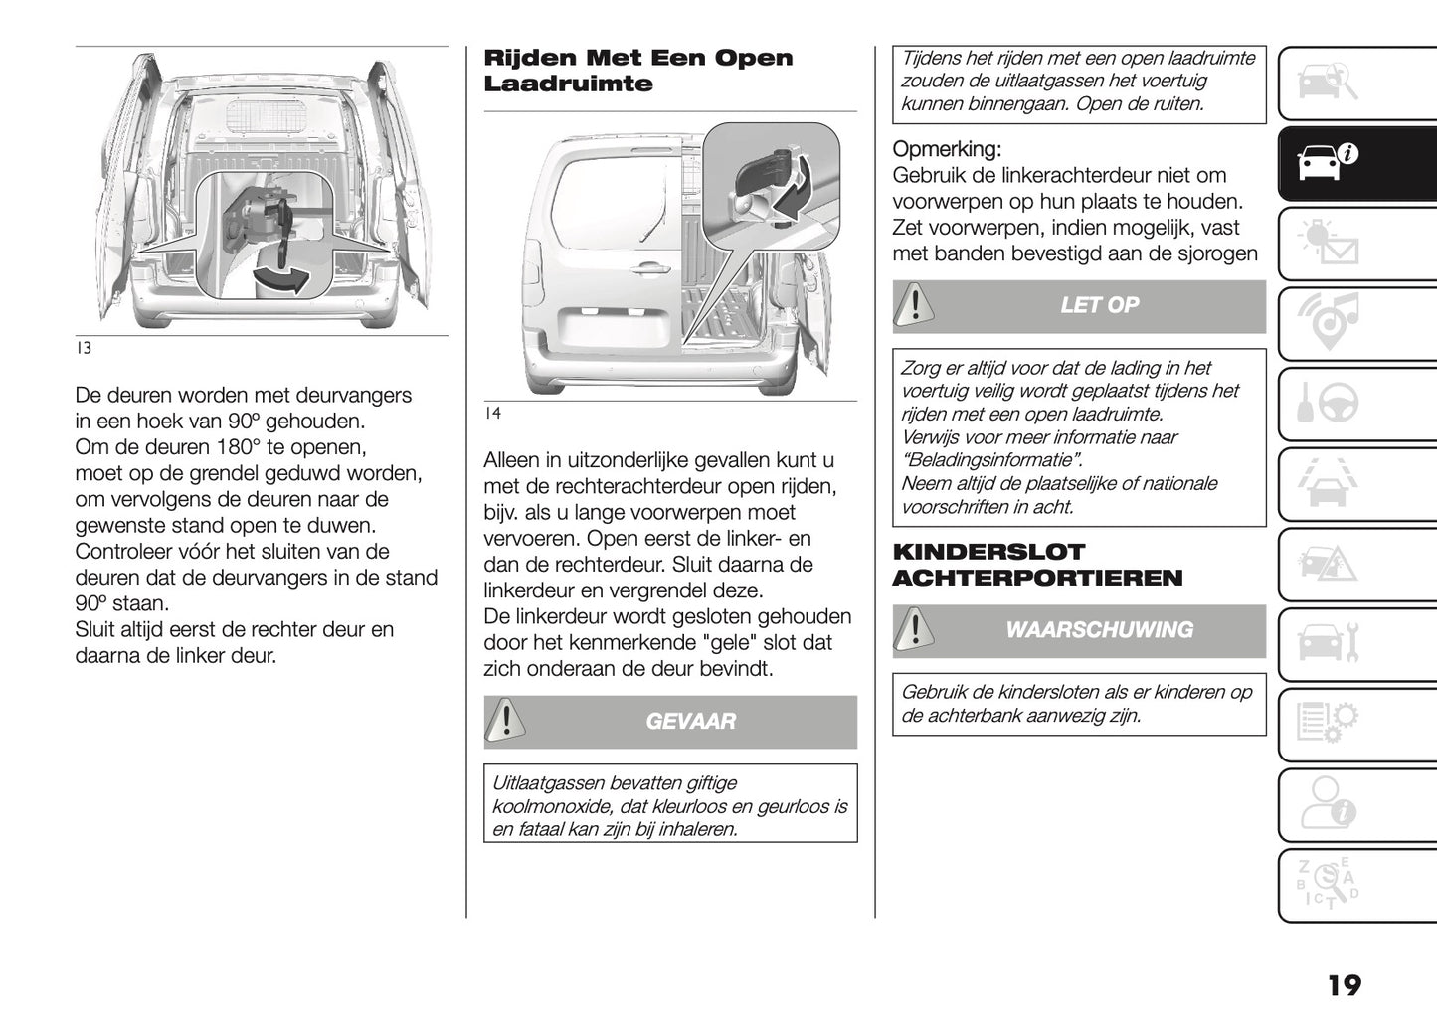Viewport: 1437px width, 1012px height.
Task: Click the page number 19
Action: tap(1344, 985)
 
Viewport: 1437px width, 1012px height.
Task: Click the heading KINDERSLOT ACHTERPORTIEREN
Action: tap(1037, 565)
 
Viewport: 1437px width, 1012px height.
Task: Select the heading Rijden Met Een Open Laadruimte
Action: tap(637, 71)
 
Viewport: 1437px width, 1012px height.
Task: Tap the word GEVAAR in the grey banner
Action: tap(690, 722)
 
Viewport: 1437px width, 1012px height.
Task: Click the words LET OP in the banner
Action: tap(1099, 306)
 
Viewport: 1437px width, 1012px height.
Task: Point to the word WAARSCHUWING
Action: tap(1099, 630)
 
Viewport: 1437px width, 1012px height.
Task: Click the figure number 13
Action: tap(84, 349)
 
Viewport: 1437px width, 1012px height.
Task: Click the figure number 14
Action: tap(492, 414)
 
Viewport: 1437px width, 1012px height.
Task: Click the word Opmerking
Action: tap(947, 150)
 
